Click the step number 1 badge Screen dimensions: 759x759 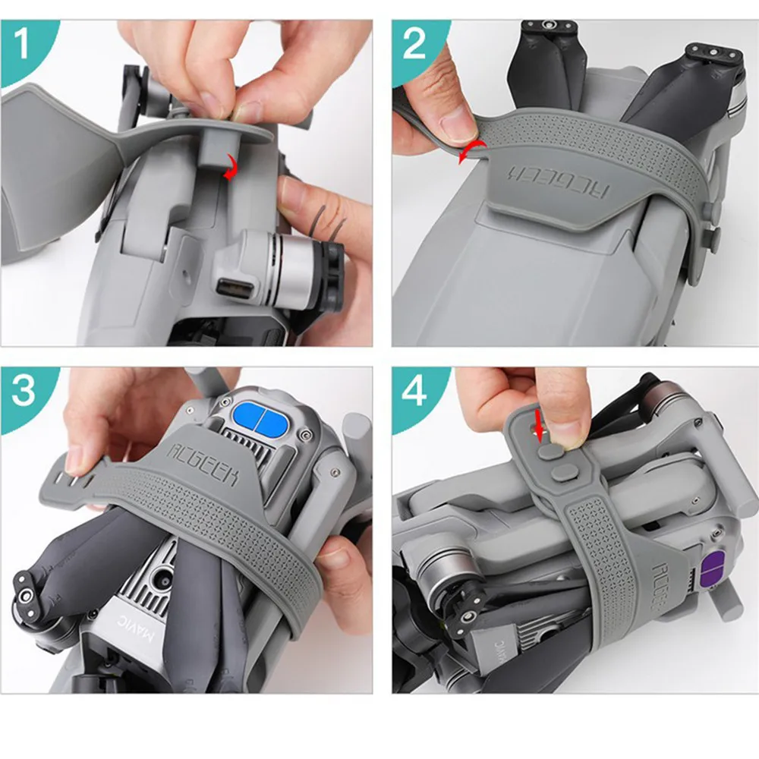21,43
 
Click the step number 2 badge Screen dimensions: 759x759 414,43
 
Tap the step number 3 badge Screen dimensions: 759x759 23,390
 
